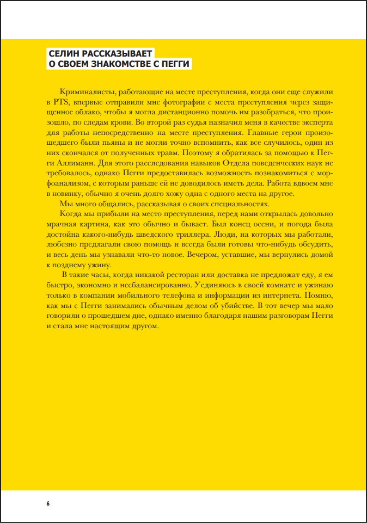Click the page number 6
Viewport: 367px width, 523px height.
(x=48, y=503)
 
